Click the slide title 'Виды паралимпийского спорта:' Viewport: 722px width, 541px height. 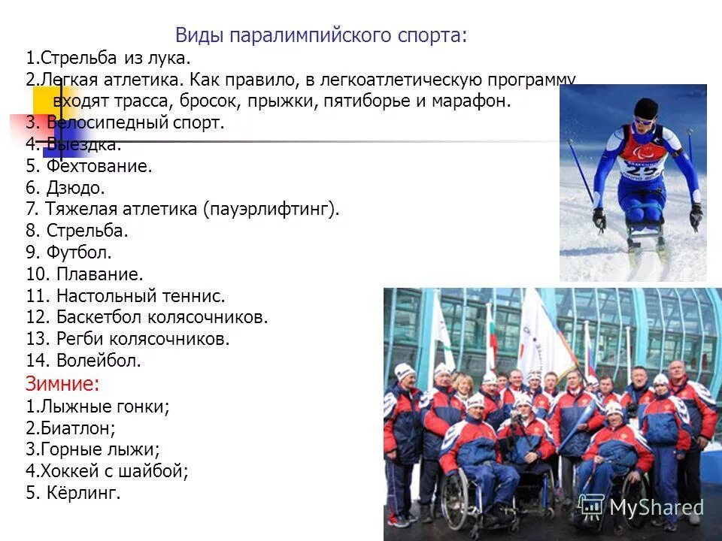tap(321, 35)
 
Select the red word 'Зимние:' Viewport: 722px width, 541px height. tap(62, 384)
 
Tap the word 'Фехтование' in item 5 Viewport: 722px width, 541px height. tap(98, 166)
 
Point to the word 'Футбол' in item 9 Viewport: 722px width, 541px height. tap(79, 253)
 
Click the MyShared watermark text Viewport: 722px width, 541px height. tap(656, 507)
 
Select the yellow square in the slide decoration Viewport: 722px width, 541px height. tap(44, 98)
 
